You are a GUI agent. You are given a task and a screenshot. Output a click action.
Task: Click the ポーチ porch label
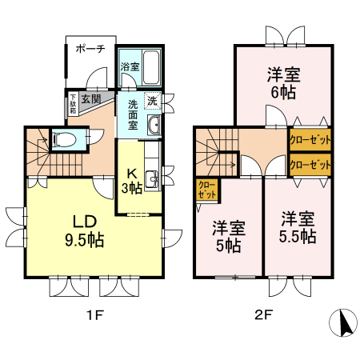tap(90, 49)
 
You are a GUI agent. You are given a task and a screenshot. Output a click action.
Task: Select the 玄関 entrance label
tap(90, 99)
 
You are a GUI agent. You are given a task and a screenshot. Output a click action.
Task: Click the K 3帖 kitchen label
tap(132, 181)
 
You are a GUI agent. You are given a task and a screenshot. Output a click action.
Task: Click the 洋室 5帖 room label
tap(227, 235)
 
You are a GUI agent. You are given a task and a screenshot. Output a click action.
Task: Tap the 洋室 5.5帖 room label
tap(297, 227)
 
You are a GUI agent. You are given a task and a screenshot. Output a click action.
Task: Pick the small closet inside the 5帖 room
tap(206, 190)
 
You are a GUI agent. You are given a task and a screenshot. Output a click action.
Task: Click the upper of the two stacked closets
tap(310, 139)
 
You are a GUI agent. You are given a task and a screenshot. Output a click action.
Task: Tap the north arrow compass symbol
tap(344, 323)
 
